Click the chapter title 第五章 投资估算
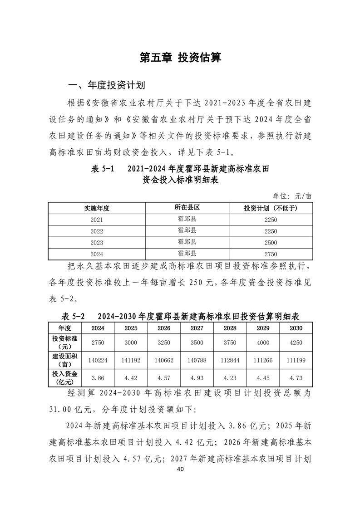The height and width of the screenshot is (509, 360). click(180, 58)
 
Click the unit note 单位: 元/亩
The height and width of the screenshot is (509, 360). click(292, 196)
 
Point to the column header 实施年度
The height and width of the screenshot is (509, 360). click(97, 208)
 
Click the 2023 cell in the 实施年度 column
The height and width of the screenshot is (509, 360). click(97, 242)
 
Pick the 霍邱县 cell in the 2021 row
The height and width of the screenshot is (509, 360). click(187, 219)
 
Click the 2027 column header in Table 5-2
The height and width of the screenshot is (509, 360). click(197, 328)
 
